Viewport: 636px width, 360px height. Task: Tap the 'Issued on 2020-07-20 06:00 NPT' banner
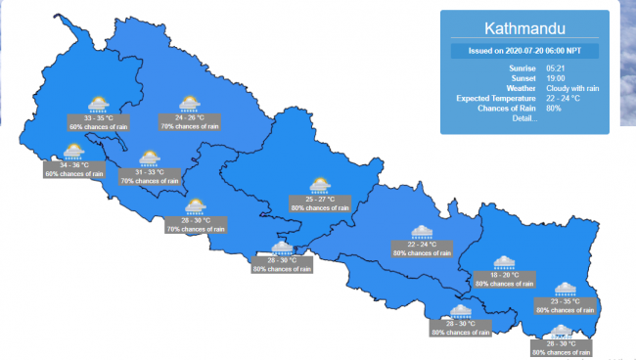tap(524, 51)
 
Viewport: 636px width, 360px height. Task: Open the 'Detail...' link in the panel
tap(523, 118)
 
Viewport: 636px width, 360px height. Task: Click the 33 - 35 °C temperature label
tap(97, 117)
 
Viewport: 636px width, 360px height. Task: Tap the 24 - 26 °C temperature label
tap(190, 117)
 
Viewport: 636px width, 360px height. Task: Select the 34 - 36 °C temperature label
tap(73, 164)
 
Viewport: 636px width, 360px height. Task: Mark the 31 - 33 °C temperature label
tap(149, 172)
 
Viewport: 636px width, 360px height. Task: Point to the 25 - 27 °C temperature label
tap(319, 199)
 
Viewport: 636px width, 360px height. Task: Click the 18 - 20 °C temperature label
tap(504, 275)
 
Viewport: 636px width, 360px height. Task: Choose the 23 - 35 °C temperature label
tap(566, 301)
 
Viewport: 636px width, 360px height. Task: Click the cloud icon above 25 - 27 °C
tap(319, 185)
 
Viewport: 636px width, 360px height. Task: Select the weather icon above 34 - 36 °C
tap(73, 151)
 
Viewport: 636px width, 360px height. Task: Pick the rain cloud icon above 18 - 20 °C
tap(504, 261)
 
